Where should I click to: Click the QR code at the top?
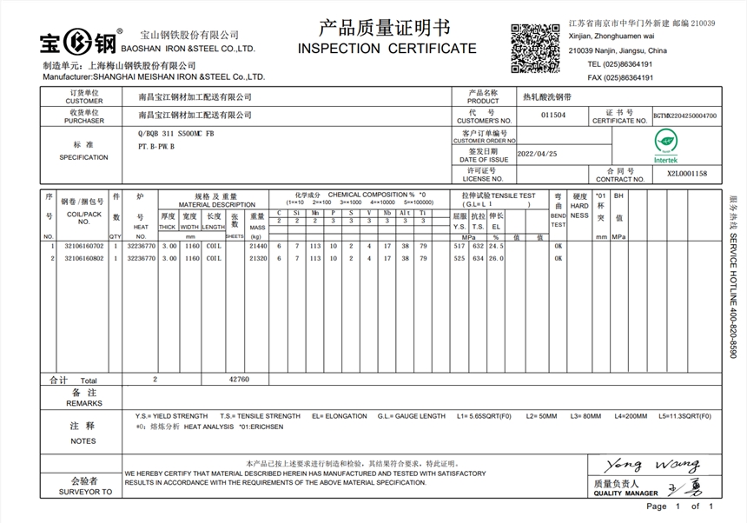coord(535,49)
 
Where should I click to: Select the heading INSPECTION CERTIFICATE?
coord(387,48)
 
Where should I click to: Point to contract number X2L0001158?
coord(687,174)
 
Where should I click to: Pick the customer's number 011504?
coord(553,115)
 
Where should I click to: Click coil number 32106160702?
coord(83,247)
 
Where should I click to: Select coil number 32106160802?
coord(83,258)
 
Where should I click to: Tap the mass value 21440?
coord(257,247)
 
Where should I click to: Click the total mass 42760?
coord(239,380)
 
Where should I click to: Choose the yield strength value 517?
coord(459,247)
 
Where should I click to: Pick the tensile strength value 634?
coord(478,258)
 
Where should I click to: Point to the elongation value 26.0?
coord(496,258)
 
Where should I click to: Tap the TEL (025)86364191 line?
coord(620,64)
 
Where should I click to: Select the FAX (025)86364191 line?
coord(620,77)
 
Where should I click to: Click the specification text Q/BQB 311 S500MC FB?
coord(175,136)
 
